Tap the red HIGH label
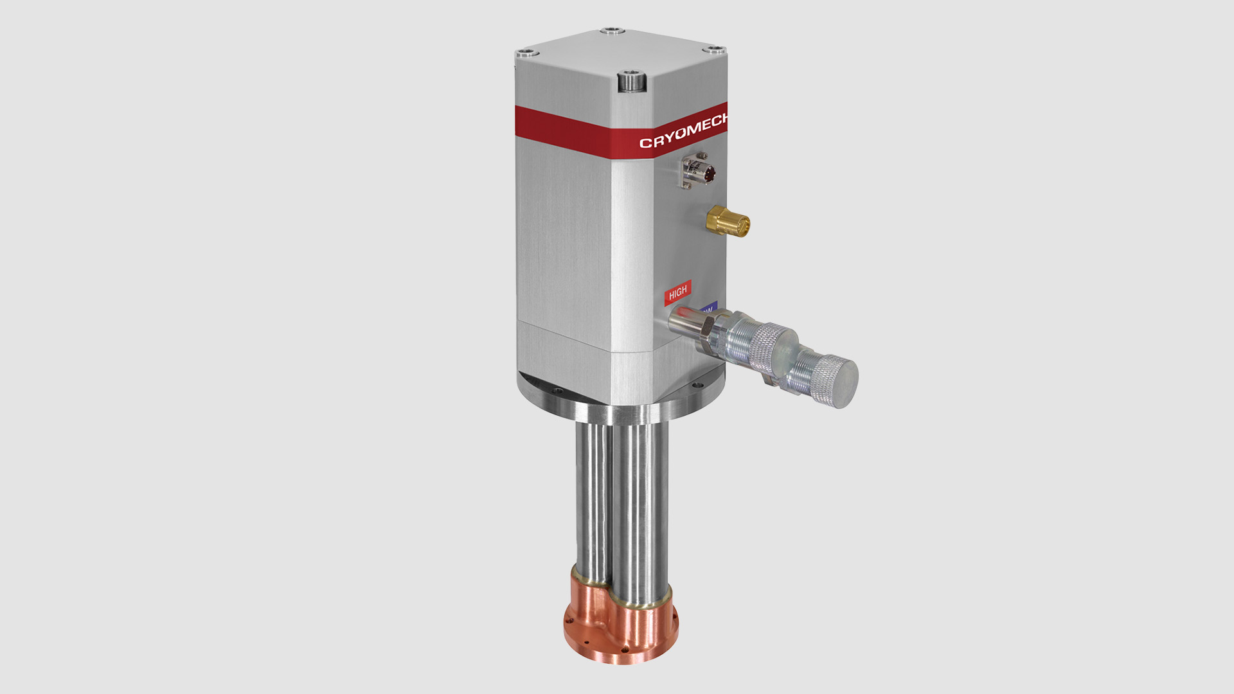click(x=677, y=293)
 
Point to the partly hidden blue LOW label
click(x=708, y=308)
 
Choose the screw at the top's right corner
click(x=713, y=49)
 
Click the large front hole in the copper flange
click(x=625, y=649)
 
